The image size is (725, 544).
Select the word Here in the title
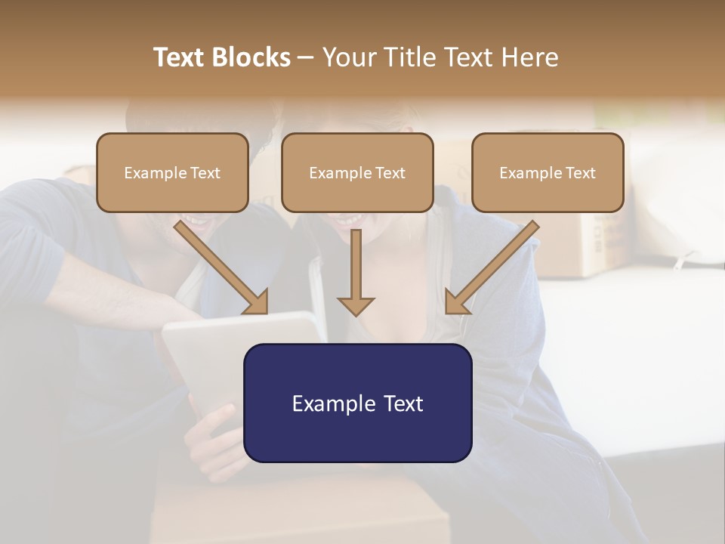click(x=530, y=57)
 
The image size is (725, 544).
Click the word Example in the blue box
click(x=329, y=403)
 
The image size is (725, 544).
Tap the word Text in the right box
click(x=580, y=173)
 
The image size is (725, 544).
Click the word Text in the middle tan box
click(x=390, y=173)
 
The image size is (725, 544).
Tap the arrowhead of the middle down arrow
click(x=356, y=305)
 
